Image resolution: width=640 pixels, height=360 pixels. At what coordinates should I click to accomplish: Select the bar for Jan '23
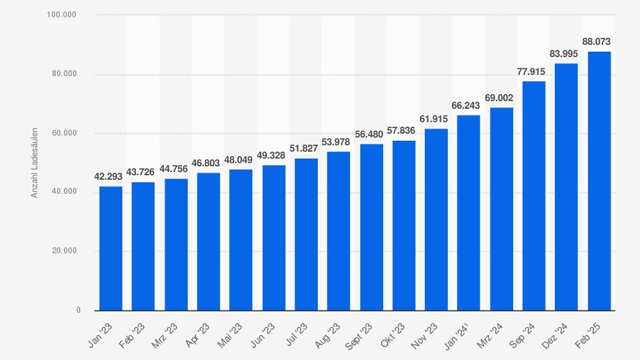[x=110, y=248]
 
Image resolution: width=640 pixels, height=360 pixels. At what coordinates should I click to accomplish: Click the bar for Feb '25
[x=599, y=180]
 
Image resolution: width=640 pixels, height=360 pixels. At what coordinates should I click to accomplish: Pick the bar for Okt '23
[x=404, y=225]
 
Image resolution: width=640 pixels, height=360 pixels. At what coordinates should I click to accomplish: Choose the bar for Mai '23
[x=241, y=239]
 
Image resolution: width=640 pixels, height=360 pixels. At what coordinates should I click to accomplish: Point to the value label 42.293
[x=108, y=176]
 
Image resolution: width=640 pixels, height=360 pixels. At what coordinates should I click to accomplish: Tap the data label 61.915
[x=434, y=119]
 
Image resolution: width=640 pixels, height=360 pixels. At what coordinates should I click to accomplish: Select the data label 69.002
[x=499, y=97]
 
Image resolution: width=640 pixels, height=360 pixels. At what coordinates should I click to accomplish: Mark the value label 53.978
[x=335, y=141]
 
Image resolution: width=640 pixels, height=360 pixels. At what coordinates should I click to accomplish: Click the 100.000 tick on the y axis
[x=61, y=15]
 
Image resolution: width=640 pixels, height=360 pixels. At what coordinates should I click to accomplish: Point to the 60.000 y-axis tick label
[x=64, y=133]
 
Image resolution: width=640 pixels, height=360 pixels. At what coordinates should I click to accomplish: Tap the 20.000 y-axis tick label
[x=64, y=251]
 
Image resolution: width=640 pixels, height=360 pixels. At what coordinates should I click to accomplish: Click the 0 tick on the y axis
[x=78, y=310]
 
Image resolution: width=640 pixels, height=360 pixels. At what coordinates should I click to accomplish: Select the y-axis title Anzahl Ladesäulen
[x=34, y=163]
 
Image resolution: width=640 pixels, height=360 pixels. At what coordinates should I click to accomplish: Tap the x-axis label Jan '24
[x=459, y=335]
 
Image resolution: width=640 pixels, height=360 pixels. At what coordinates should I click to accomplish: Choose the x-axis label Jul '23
[x=297, y=334]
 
